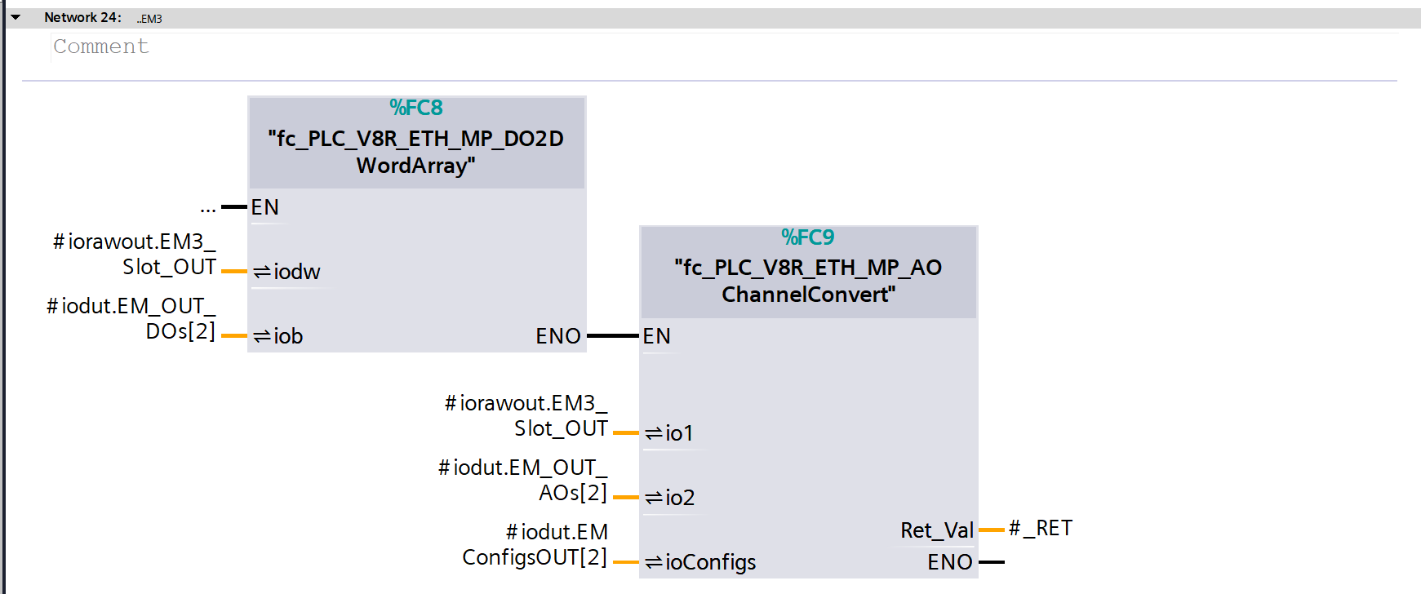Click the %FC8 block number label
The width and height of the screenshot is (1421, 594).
click(416, 108)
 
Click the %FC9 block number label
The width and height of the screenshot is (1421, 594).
click(808, 237)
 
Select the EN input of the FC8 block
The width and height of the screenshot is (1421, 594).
click(265, 207)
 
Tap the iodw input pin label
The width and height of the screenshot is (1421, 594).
click(296, 272)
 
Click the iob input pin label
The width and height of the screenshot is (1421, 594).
click(287, 336)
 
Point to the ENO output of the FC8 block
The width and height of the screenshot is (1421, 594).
click(558, 336)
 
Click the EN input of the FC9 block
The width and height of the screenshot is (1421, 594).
click(657, 336)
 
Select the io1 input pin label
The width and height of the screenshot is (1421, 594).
click(679, 433)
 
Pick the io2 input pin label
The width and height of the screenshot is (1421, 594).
click(680, 498)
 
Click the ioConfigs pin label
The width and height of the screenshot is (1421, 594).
click(710, 562)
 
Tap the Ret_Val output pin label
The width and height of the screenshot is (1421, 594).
click(937, 530)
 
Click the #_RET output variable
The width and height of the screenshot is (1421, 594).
click(1041, 529)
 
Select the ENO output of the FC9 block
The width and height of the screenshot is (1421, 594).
click(950, 562)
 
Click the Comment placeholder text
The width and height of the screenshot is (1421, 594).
click(101, 47)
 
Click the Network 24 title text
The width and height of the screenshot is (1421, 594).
click(82, 17)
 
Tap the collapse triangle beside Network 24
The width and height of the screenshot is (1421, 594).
click(16, 17)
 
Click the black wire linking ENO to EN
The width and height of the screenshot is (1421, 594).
click(612, 336)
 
